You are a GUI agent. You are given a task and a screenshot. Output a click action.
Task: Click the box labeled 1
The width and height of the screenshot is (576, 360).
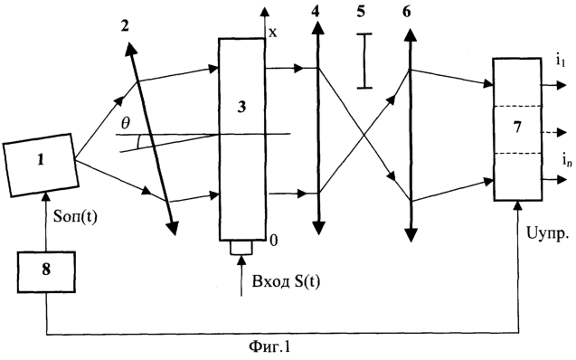(x=40, y=165)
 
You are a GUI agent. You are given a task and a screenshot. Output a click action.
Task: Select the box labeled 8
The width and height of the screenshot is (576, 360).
(x=46, y=272)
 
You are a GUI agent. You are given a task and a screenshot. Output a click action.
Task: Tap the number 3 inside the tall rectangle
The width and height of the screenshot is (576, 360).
(x=241, y=108)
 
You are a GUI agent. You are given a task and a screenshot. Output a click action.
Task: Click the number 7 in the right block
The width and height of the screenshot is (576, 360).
(x=517, y=128)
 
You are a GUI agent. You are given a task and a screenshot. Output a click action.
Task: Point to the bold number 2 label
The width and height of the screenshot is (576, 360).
(x=126, y=25)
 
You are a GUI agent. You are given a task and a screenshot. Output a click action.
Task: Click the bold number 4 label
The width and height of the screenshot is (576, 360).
(x=315, y=12)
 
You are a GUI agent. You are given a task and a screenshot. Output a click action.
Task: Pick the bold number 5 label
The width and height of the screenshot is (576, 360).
(x=361, y=12)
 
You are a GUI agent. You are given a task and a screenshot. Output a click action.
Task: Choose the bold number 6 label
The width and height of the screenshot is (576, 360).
(x=407, y=12)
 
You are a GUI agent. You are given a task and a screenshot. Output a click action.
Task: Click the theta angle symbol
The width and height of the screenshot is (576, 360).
(x=126, y=123)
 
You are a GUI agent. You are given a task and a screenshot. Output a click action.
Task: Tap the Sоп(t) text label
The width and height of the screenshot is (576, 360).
(x=75, y=217)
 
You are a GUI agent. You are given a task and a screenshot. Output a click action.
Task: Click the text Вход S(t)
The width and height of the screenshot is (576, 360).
(x=286, y=281)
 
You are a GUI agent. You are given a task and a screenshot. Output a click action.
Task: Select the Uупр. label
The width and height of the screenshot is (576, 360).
(x=548, y=233)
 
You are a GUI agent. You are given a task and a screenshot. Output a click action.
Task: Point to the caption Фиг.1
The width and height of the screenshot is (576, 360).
(x=269, y=346)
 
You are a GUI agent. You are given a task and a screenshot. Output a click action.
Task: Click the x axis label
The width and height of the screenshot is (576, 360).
(x=273, y=33)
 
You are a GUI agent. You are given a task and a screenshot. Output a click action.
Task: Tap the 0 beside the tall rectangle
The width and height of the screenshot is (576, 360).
(x=274, y=241)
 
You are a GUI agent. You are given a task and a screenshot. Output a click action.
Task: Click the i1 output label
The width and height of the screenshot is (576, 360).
(x=561, y=61)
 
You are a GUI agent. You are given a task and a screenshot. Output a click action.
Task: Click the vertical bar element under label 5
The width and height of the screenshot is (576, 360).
(x=364, y=61)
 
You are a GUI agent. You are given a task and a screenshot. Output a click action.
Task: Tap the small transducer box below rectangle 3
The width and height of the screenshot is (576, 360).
(x=241, y=248)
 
